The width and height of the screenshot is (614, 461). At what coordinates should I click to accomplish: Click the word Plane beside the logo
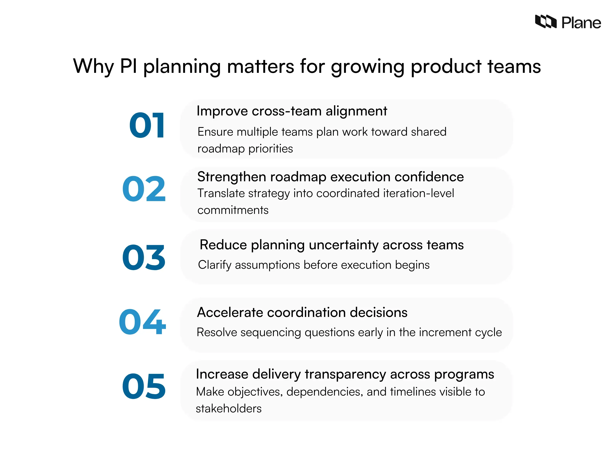[581, 23]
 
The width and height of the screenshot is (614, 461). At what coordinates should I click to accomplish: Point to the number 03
[144, 257]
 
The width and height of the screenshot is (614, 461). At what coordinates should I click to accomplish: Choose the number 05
[144, 386]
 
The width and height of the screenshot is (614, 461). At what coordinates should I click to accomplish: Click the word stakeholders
[228, 409]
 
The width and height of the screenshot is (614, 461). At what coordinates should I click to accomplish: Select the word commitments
[233, 210]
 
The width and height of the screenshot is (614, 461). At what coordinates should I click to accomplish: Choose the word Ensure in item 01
[215, 132]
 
